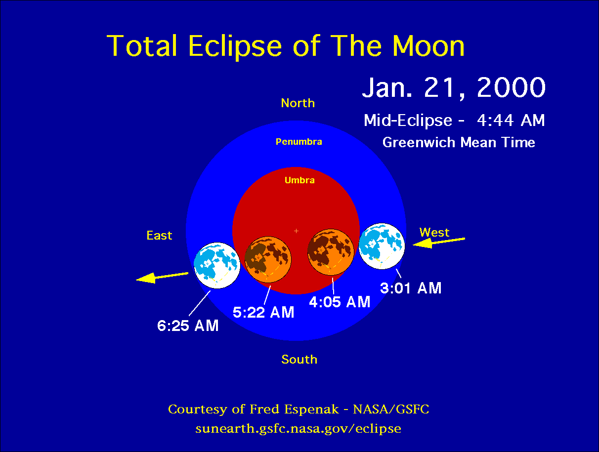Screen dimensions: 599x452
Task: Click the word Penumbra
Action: coord(299,142)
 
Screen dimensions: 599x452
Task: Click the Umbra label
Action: coord(299,180)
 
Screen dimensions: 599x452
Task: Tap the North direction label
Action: coord(298,103)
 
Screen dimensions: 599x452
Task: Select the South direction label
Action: coord(299,359)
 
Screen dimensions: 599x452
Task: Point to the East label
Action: coord(159,236)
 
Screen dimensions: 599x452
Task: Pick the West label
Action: coord(434,232)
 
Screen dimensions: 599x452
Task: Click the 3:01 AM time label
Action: coord(411,288)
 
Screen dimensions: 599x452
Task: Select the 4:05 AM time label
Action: coord(340,302)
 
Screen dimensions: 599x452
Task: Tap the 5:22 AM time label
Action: coord(263,312)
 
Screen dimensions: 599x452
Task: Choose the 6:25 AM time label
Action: coord(188,326)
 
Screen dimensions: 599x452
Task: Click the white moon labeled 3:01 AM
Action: coord(382,247)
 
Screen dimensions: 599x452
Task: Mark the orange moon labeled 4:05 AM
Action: coord(331,252)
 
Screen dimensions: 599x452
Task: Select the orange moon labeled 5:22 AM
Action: coord(268,259)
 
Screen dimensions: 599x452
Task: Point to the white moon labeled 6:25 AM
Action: coord(217,265)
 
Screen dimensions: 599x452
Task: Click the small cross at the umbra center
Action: coord(296,231)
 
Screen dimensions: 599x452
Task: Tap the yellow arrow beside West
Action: coord(439,242)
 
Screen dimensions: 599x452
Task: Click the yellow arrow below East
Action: coord(162,278)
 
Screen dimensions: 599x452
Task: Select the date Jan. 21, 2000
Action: coord(454,87)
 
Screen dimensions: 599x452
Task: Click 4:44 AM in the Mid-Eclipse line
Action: coord(511,121)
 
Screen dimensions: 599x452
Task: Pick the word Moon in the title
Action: coord(428,46)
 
